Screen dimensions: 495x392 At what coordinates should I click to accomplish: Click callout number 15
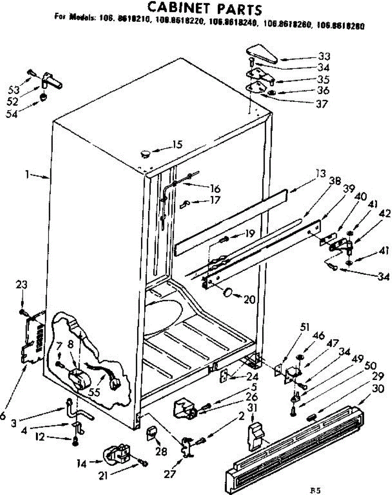[177, 145]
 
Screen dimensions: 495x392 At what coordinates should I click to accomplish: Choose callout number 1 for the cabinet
[27, 174]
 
